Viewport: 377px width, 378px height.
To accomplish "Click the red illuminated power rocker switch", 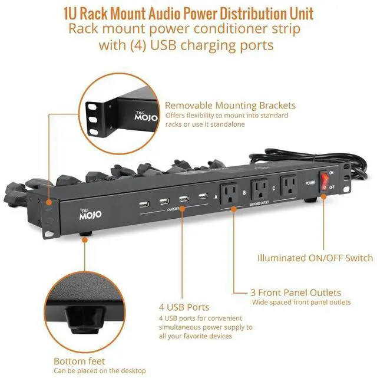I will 324,180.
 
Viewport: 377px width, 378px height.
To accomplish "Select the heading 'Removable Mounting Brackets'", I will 230,106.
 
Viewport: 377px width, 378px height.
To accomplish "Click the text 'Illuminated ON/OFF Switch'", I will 315,258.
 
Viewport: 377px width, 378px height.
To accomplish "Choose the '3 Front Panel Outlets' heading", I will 296,292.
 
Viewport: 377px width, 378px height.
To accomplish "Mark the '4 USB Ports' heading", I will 184,307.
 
